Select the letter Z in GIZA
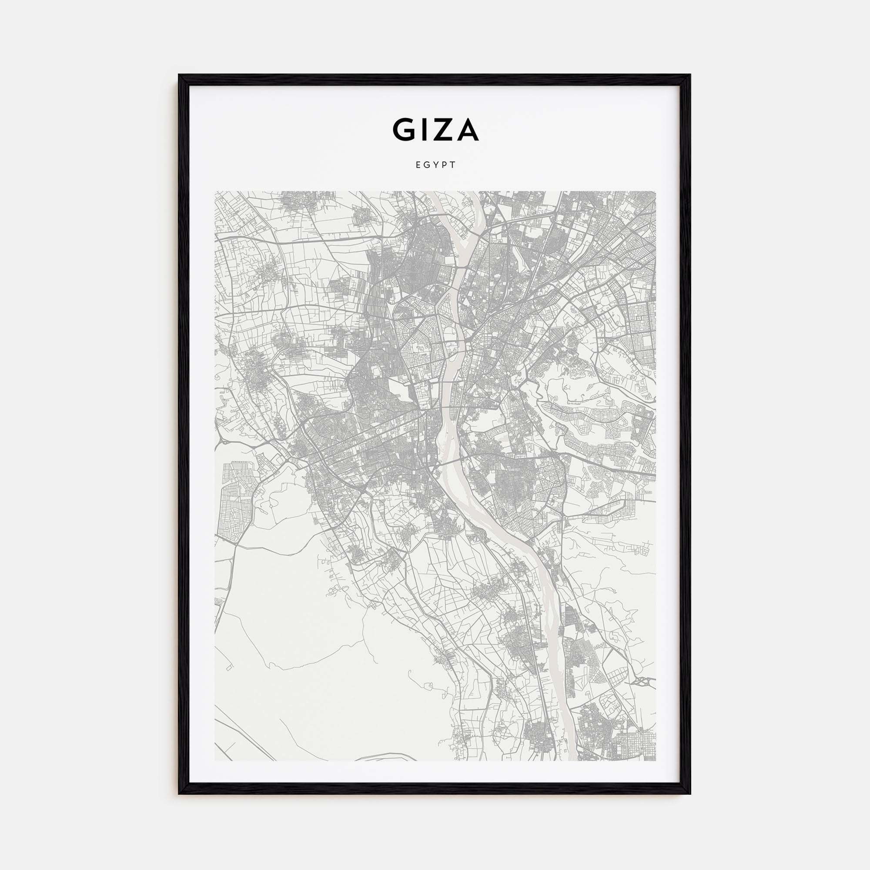click(444, 130)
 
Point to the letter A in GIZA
click(467, 130)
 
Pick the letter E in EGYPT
click(418, 165)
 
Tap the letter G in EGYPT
click(427, 165)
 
